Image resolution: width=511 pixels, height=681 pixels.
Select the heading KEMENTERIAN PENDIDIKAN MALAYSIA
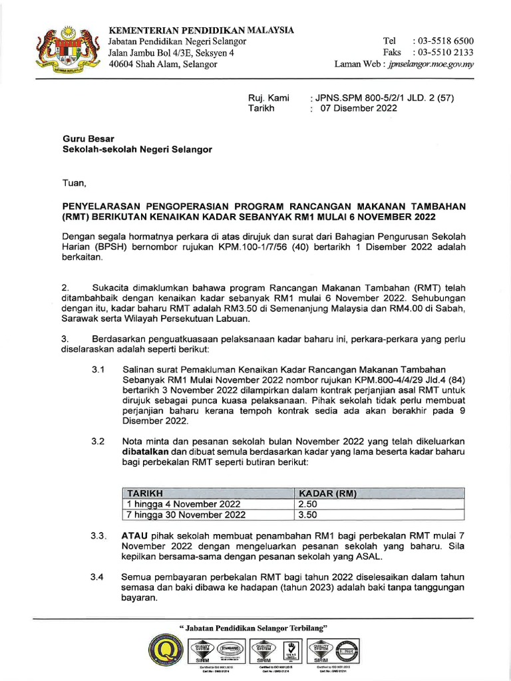tap(201, 31)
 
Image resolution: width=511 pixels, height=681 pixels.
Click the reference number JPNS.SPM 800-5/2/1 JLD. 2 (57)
tap(384, 98)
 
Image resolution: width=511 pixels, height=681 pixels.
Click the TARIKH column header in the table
tap(145, 493)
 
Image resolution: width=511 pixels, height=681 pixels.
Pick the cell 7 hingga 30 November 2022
tap(186, 515)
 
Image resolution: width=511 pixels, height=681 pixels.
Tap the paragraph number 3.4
tap(98, 577)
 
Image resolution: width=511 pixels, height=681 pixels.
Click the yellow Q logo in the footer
tap(163, 654)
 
